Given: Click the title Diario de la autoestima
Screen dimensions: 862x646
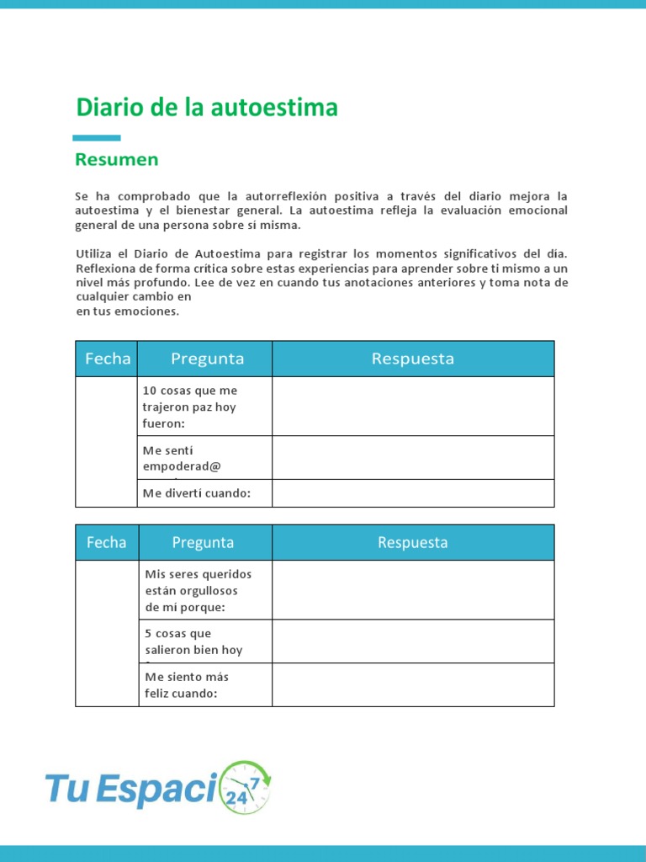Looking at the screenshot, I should click(206, 108).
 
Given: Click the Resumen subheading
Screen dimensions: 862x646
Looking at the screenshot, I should click(116, 159).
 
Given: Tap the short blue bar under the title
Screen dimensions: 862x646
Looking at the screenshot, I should click(96, 138).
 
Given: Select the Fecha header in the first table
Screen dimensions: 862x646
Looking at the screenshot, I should click(107, 359).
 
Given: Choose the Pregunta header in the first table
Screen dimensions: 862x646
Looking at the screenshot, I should click(207, 359).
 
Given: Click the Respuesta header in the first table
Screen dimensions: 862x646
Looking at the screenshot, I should click(412, 359).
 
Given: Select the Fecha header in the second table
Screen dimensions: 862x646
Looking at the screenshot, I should click(107, 543).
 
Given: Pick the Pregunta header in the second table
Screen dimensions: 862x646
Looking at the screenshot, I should click(203, 543).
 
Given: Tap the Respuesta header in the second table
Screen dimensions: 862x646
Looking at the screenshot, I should click(412, 543).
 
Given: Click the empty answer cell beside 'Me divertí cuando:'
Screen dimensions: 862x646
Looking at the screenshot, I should click(412, 493).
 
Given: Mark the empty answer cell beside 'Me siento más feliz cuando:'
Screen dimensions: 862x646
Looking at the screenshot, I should click(412, 684).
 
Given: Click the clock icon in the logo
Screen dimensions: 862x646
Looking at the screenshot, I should click(245, 788).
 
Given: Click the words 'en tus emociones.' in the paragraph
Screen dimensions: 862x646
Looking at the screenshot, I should click(127, 311).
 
